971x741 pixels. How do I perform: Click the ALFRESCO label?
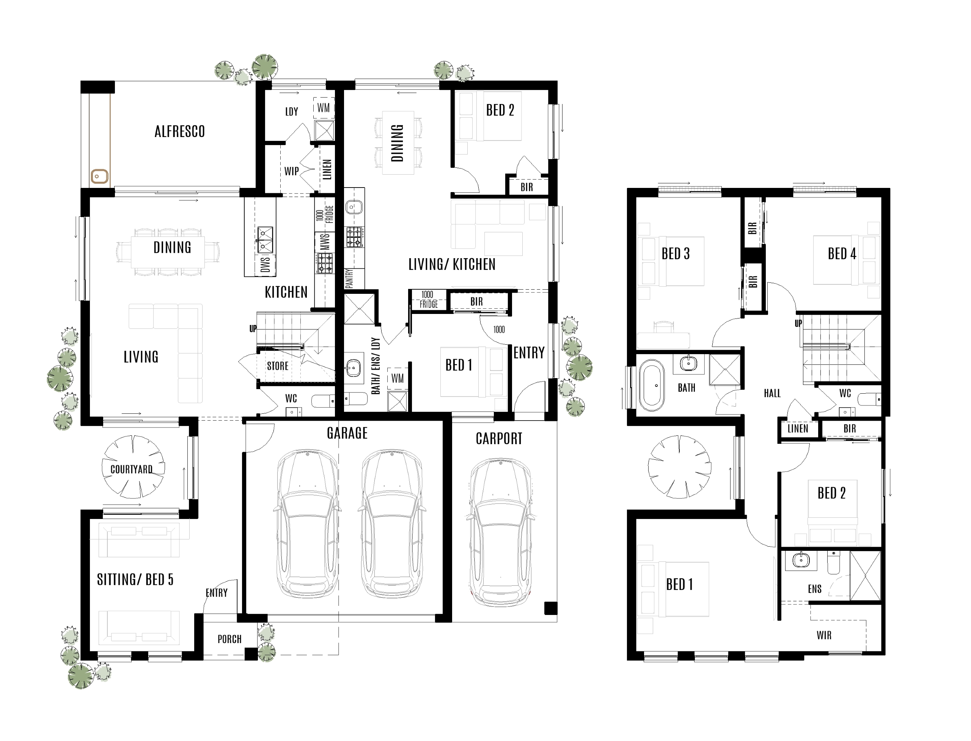[179, 131]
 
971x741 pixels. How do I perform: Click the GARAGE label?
[347, 433]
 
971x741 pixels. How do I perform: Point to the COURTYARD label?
[131, 469]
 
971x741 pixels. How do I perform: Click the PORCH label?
[229, 639]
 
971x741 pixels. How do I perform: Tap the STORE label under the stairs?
[277, 366]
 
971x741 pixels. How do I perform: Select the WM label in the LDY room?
[323, 108]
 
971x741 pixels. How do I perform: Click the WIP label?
[291, 171]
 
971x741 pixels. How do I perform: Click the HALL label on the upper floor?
[772, 393]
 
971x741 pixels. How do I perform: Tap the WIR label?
[824, 635]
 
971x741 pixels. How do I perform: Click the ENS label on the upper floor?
[814, 589]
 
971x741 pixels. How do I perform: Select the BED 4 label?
[841, 254]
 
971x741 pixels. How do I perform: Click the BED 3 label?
[675, 254]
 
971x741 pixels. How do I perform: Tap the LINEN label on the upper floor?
[797, 428]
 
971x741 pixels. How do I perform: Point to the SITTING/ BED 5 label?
[135, 580]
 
